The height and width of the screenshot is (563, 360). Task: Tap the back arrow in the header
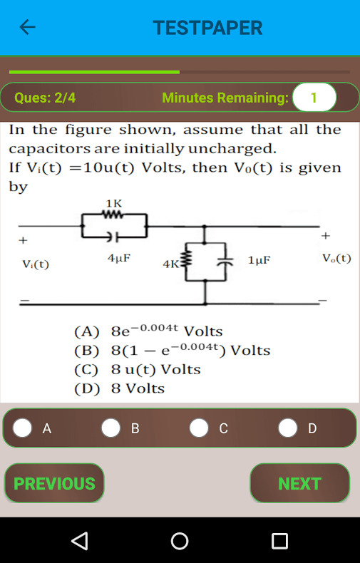tap(27, 27)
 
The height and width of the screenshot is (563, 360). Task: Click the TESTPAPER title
tap(207, 28)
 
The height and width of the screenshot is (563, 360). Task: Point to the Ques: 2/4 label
tap(45, 98)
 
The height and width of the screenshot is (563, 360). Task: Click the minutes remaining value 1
tap(314, 98)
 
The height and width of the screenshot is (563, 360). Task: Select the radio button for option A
tap(22, 428)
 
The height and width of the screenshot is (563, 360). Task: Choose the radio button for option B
tap(110, 428)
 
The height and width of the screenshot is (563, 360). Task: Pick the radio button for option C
tap(199, 428)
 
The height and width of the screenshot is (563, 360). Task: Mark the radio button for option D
tap(288, 428)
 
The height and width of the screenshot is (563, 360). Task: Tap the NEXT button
tap(299, 483)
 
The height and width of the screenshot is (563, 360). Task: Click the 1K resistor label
tap(114, 204)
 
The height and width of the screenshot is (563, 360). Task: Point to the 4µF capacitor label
tap(119, 258)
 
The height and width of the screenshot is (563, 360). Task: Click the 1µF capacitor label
tap(259, 260)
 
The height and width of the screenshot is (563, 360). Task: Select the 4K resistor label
tap(171, 264)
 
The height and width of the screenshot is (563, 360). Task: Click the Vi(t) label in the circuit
tap(36, 264)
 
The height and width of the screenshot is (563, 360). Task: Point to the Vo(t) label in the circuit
tap(336, 259)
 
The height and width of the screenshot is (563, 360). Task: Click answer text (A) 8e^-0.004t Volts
tap(148, 331)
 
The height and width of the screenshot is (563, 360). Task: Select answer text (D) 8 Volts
tap(119, 388)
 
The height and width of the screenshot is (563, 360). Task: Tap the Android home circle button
tap(180, 541)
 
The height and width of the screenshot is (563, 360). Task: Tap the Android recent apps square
tap(280, 541)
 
